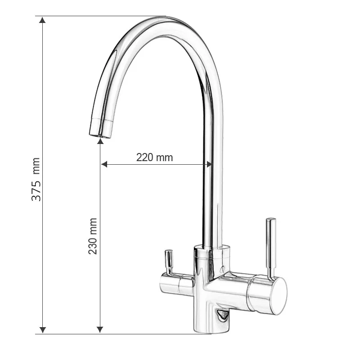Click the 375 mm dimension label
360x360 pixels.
coord(36,179)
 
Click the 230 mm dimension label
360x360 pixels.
coord(93,236)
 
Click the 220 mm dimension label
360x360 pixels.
coord(154,157)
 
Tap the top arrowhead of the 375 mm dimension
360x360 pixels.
coord(42,20)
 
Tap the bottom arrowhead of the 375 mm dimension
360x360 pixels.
coord(43,330)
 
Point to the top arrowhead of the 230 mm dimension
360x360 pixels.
coord(100,141)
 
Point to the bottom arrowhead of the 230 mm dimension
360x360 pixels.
coord(100,329)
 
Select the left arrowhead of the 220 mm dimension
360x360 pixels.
coord(104,164)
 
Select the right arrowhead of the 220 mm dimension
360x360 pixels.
coord(209,164)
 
